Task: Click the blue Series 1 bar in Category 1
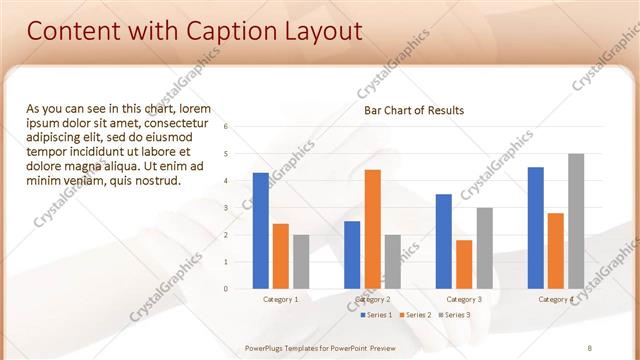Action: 261,230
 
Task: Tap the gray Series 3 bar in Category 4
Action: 576,221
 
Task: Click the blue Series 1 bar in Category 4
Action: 536,227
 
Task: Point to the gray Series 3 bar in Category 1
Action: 301,261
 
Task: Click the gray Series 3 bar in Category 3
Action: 484,248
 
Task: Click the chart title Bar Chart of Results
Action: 413,110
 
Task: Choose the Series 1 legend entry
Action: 376,315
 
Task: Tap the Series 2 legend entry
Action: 413,315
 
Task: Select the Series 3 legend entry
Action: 452,315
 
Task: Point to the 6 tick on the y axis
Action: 226,127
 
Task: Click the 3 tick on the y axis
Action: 226,208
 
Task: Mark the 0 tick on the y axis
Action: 226,289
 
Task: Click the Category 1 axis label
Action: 281,299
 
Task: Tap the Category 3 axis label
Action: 464,299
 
